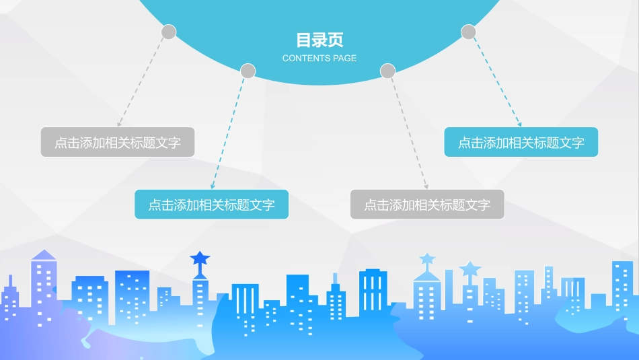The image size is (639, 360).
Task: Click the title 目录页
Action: click(319, 40)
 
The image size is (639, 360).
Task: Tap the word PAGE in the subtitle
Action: click(345, 59)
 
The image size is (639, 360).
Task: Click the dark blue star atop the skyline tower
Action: click(200, 258)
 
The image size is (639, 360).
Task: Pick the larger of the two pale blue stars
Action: click(470, 268)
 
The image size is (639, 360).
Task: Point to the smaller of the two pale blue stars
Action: click(427, 258)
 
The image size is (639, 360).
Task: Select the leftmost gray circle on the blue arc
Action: click(169, 32)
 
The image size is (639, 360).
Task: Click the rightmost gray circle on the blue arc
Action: click(468, 32)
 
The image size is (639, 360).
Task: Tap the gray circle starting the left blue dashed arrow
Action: click(248, 71)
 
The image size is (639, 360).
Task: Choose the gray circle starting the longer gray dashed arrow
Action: click(387, 71)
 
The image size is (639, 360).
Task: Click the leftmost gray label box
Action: click(118, 142)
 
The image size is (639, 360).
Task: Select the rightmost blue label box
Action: click(521, 142)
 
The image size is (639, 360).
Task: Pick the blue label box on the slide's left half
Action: click(211, 205)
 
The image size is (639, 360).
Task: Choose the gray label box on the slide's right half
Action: click(427, 205)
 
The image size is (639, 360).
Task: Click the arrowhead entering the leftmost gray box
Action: click(119, 124)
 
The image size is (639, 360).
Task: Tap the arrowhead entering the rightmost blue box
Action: click(519, 124)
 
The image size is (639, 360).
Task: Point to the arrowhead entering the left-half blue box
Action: click(213, 186)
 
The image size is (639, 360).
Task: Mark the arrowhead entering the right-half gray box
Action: click(426, 186)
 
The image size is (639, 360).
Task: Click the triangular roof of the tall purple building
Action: click(44, 255)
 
